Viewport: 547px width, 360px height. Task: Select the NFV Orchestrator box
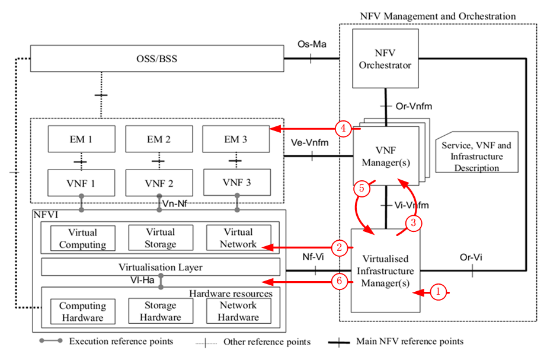385,59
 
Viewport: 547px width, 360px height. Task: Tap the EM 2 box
159,140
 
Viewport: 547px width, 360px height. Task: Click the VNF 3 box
236,183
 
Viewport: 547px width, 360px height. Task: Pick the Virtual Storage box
160,238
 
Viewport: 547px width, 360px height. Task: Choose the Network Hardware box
238,311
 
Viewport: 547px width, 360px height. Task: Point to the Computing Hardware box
82,311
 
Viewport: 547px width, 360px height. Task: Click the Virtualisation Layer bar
160,267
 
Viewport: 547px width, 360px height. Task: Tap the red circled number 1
437,292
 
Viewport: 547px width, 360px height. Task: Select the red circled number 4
341,128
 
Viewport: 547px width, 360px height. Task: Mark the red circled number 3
412,223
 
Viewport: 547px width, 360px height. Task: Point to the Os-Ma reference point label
312,44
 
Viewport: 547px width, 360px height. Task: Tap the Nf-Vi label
314,257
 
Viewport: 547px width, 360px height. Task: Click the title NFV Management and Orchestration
438,16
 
